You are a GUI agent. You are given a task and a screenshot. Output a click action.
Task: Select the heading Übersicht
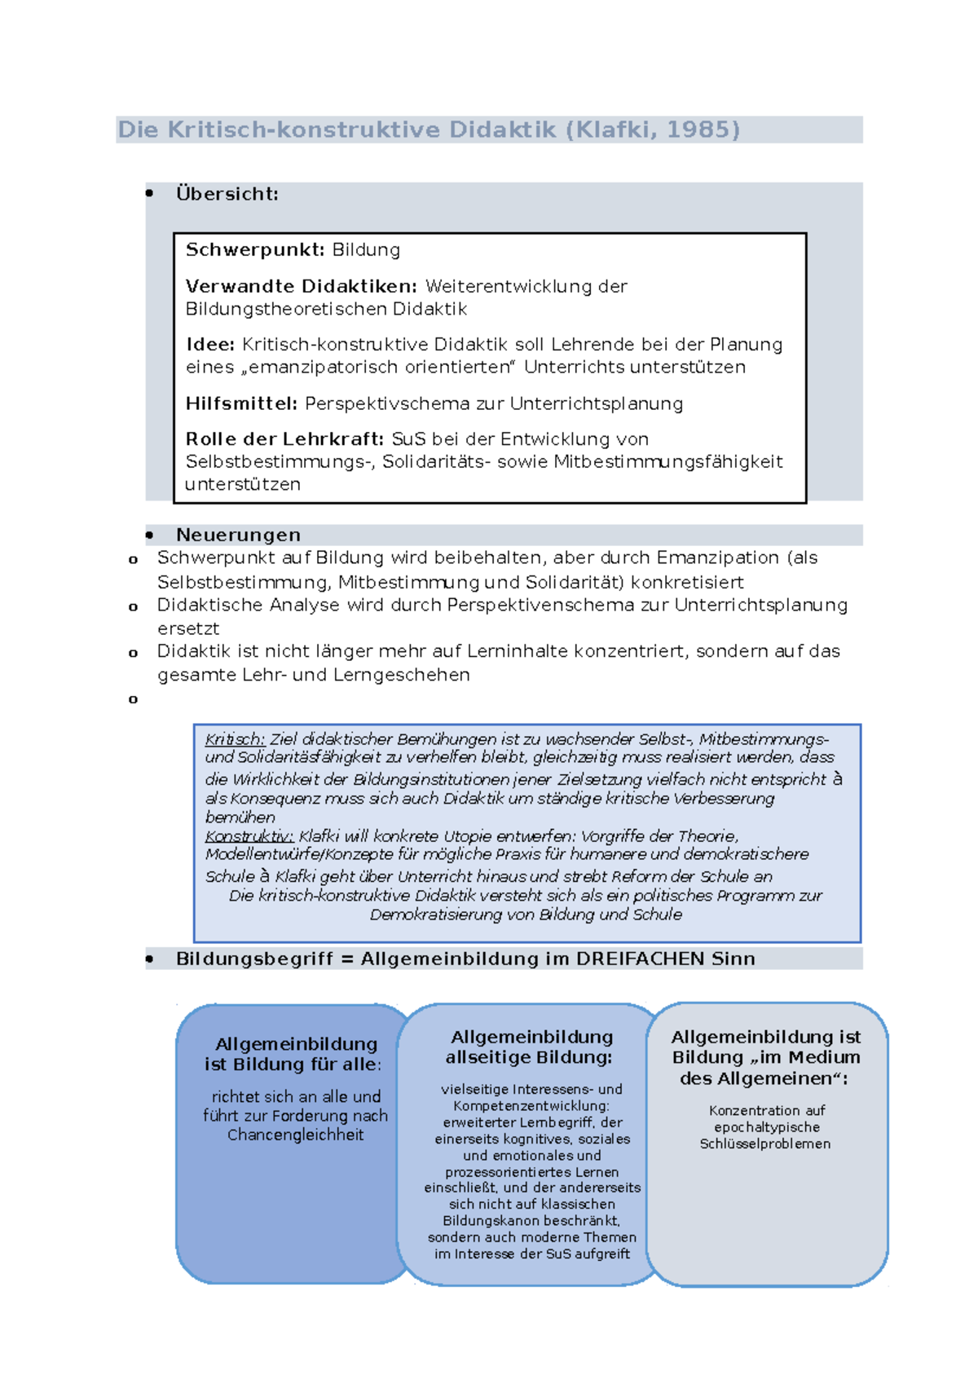point(227,194)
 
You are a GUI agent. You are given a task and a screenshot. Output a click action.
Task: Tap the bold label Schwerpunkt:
point(255,250)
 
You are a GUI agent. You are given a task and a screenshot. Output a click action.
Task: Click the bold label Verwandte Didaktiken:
point(301,287)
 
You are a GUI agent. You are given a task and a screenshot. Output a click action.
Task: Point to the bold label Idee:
point(210,345)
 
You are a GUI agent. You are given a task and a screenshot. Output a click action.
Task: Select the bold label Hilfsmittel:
point(241,404)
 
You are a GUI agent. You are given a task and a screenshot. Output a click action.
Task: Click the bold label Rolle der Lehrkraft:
point(284,439)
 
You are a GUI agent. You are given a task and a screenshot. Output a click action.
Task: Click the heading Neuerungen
point(238,536)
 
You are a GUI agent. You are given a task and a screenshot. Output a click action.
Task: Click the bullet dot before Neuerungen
point(149,536)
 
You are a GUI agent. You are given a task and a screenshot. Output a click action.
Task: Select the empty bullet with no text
point(133,699)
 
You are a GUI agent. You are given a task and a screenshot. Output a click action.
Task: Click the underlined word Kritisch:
point(235,739)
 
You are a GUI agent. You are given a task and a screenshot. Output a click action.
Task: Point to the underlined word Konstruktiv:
point(249,836)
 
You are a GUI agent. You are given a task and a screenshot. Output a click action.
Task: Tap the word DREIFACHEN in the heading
point(640,959)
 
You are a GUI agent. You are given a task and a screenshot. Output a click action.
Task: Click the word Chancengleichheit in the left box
point(295,1135)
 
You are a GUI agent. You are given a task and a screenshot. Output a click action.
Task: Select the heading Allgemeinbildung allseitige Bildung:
point(531,1047)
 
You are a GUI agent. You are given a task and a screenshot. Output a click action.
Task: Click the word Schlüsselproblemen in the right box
point(764,1144)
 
